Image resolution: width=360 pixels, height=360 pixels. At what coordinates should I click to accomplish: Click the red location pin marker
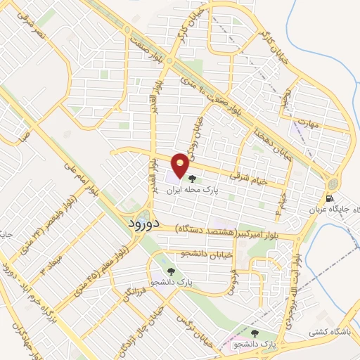coord(181,165)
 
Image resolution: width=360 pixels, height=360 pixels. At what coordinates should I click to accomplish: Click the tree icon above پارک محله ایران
coord(193,179)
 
